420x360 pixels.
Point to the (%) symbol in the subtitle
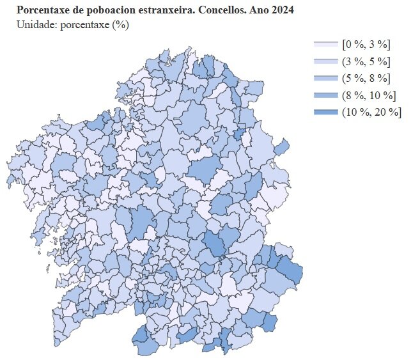120,25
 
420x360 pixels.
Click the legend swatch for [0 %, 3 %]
325,44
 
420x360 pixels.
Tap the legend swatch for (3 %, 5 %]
325,61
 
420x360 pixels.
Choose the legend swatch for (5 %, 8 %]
325,79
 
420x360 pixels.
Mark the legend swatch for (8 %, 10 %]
325,96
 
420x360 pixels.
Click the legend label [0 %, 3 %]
366,44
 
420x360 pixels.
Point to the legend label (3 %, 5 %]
366,61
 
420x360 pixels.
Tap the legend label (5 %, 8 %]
366,79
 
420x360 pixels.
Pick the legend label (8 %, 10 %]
369,96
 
